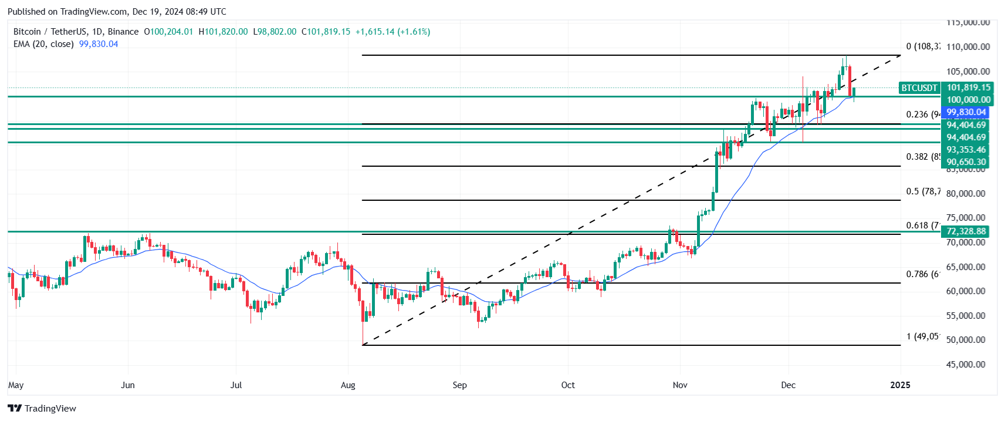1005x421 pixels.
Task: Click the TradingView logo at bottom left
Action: tap(42, 408)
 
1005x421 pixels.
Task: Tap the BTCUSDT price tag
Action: tap(919, 88)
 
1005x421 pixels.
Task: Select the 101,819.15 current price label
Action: tap(968, 87)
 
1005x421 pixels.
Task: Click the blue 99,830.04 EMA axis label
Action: tap(966, 112)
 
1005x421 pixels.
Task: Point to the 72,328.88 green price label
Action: tap(966, 231)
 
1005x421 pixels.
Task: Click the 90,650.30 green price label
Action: tap(966, 162)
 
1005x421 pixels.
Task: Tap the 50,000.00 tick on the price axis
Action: tap(965, 340)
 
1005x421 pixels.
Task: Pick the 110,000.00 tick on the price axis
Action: tap(967, 47)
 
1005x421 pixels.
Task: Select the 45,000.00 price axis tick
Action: tap(965, 365)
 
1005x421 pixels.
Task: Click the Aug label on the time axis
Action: tap(348, 385)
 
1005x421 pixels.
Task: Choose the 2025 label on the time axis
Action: tap(900, 385)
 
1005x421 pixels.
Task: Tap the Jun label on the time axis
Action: tap(127, 385)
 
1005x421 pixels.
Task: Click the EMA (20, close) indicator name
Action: tap(43, 44)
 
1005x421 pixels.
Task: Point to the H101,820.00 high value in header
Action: tap(223, 32)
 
